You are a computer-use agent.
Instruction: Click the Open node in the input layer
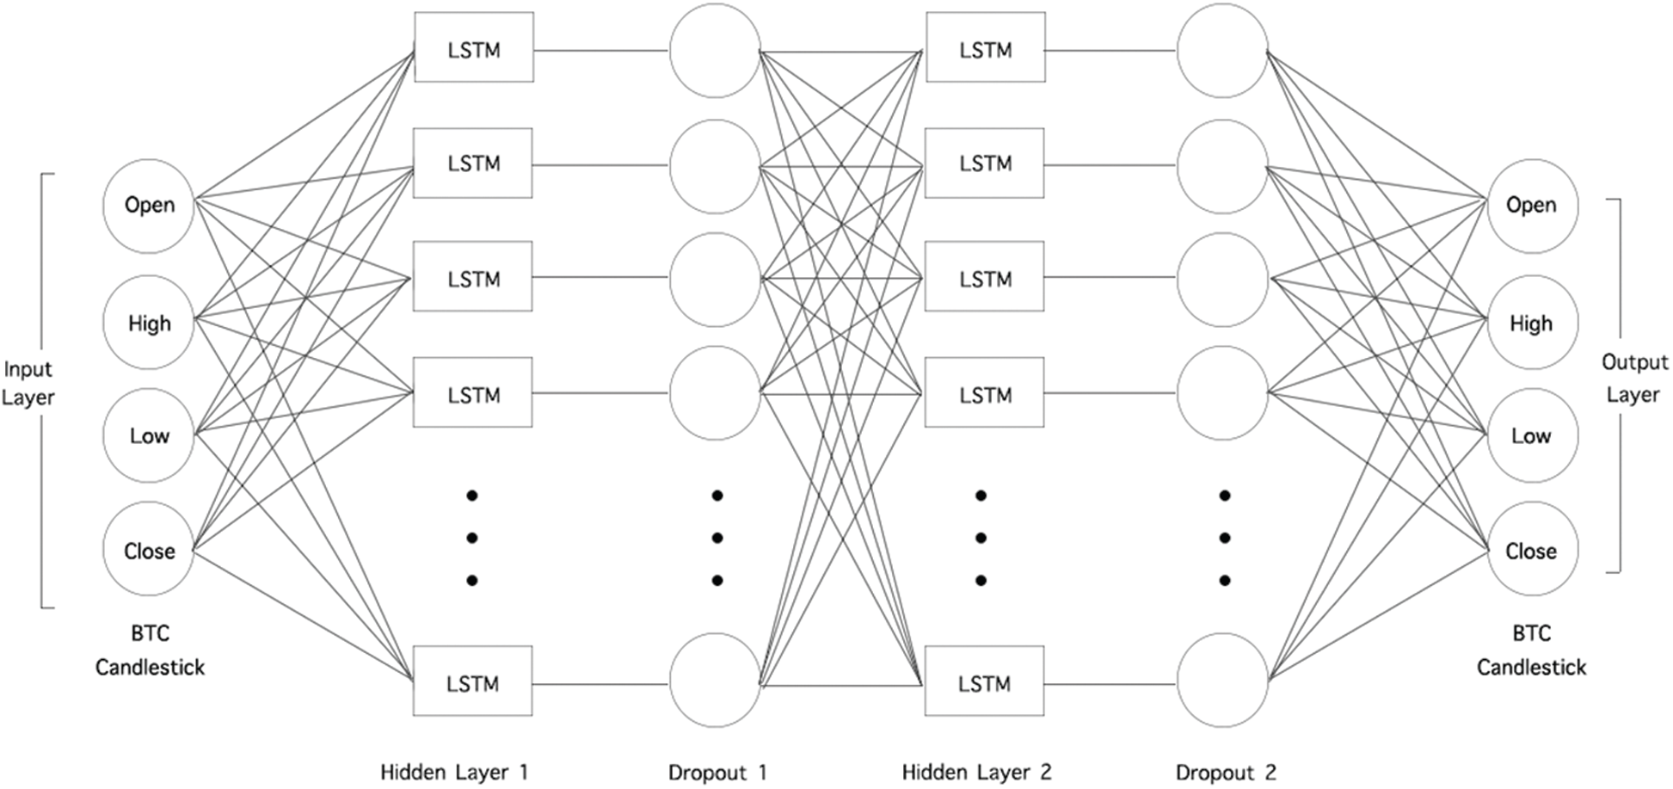tap(149, 206)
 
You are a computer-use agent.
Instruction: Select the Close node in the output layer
tap(1532, 550)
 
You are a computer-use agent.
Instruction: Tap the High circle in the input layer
tap(149, 323)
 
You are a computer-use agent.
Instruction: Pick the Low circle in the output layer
tap(1532, 435)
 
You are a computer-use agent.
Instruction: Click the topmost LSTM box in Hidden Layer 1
tap(474, 47)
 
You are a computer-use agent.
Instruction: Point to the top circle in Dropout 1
tap(715, 50)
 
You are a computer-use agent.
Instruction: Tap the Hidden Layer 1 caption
tap(454, 772)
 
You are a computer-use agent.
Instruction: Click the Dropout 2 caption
tap(1226, 772)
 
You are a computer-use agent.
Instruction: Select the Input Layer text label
tap(28, 383)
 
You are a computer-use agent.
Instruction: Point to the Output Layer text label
tap(1633, 378)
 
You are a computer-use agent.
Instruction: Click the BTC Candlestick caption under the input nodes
tap(150, 650)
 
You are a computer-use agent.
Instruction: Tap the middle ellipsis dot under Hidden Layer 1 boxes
tap(472, 538)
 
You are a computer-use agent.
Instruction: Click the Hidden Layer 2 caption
tap(976, 772)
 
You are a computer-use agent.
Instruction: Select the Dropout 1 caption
tap(717, 772)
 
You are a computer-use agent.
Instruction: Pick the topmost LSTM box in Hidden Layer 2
tap(986, 47)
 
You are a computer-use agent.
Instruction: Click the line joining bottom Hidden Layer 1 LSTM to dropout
tap(600, 684)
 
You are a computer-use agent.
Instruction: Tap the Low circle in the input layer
tap(149, 435)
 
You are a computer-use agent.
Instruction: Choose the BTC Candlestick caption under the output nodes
tap(1531, 650)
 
